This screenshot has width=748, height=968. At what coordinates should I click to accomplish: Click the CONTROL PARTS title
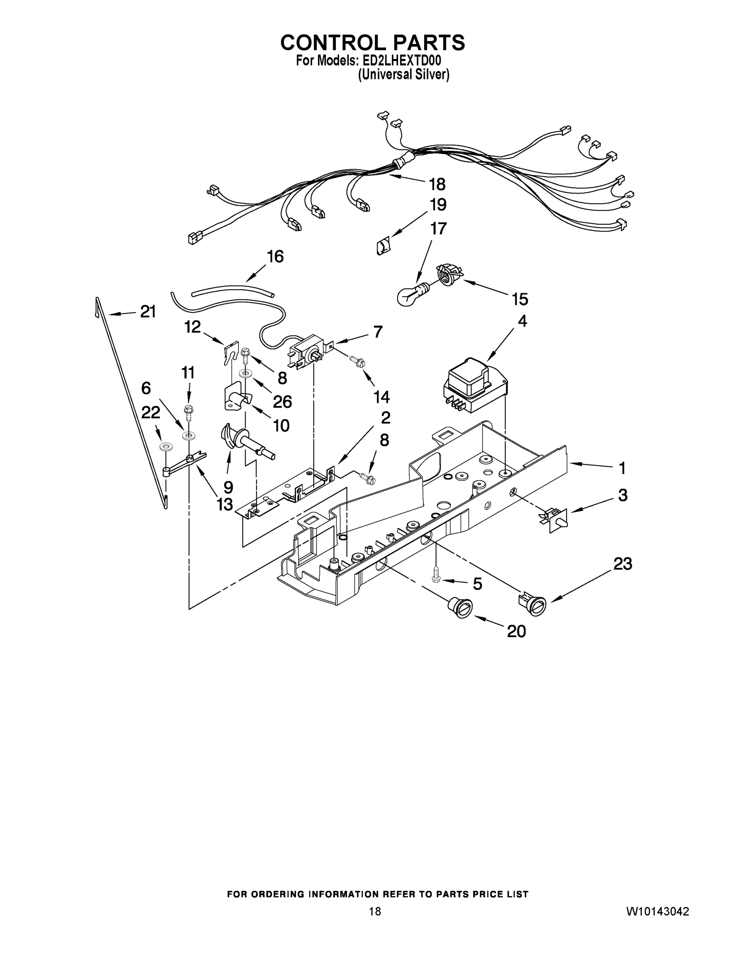click(373, 42)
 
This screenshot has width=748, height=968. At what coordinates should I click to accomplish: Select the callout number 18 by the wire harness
click(437, 184)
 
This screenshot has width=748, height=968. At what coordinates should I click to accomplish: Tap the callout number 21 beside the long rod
click(148, 312)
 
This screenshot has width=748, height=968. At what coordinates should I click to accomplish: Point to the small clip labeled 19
click(382, 245)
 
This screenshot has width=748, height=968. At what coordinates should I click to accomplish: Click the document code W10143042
click(657, 912)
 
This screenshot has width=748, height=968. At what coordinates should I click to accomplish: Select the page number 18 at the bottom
click(375, 912)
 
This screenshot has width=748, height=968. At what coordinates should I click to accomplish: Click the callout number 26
click(282, 402)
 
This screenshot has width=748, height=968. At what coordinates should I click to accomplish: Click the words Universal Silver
click(403, 75)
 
